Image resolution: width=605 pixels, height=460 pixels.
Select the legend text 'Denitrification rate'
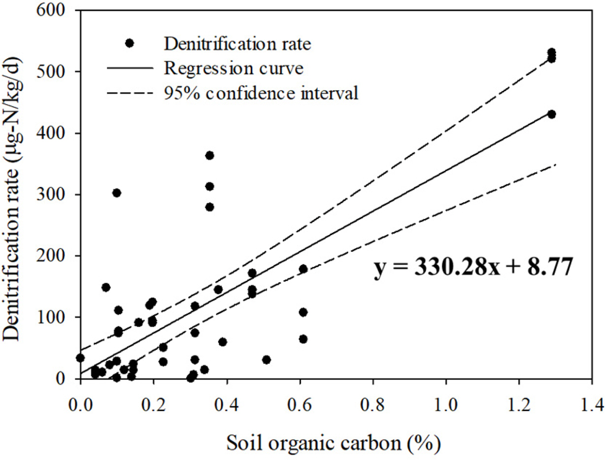238,44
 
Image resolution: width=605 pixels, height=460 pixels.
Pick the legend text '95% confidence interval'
261,92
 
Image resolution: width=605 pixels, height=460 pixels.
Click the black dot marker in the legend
130,43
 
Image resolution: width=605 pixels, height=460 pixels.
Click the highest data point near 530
552,53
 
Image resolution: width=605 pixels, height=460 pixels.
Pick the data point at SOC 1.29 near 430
552,114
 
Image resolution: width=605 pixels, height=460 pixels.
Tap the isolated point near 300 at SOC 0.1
117,193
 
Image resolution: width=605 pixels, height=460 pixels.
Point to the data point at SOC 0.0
80,358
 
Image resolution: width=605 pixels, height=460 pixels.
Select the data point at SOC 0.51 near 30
267,359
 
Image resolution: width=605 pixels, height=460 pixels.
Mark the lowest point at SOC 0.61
303,339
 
